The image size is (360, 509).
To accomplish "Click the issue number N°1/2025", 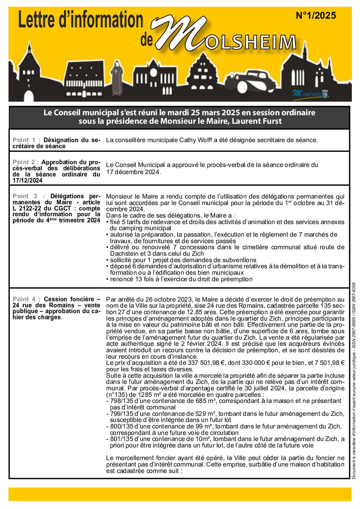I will pos(315,16).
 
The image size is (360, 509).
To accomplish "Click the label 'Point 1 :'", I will pos(27,140).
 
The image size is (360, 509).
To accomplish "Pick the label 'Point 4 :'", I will pos(27,299).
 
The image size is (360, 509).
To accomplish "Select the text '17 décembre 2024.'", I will pos(133,172).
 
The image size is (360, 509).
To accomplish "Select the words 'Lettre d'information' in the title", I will pos(80,21).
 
